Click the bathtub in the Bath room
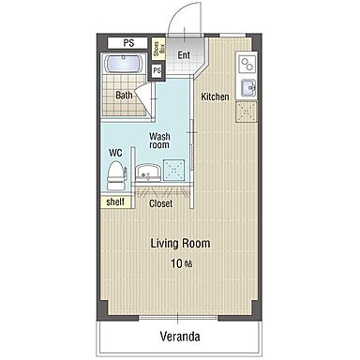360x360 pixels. (124, 64)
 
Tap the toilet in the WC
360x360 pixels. (116, 175)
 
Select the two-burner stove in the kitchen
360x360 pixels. (247, 65)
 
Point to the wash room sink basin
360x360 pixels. (148, 172)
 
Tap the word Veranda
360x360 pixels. (180, 337)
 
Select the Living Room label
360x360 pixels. (180, 243)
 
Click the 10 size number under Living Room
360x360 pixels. (176, 263)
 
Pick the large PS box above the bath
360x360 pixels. (127, 43)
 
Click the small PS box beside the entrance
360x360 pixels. (157, 70)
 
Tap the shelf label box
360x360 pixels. (115, 202)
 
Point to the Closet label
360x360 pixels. (160, 203)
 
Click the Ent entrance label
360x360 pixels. (184, 55)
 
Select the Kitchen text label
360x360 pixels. (215, 97)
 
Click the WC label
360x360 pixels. (115, 153)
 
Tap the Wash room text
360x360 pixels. (159, 141)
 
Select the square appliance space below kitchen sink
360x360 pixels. (246, 112)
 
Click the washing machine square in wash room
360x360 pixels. (174, 170)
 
